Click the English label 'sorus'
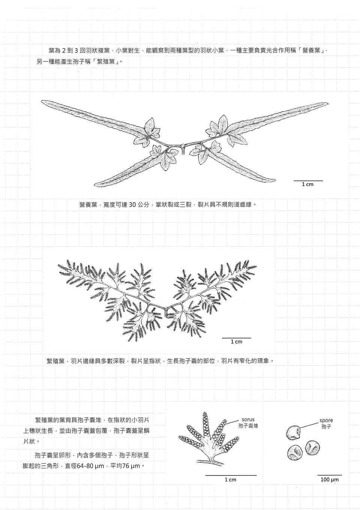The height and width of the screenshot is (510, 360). (248, 420)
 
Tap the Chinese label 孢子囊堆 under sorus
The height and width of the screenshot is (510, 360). (248, 426)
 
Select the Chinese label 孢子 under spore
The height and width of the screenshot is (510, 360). (326, 427)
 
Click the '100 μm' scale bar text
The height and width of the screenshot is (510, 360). (330, 480)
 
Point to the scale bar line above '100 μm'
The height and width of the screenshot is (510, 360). (330, 475)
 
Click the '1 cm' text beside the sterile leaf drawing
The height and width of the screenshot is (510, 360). (307, 184)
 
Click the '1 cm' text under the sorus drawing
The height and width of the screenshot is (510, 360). (231, 480)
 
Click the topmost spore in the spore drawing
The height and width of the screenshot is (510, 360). (294, 432)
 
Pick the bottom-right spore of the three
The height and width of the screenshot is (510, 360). (313, 448)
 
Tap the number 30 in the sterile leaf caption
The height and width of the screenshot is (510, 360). (132, 205)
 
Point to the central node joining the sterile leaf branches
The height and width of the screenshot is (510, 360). (182, 145)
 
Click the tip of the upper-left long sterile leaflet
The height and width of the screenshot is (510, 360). (42, 101)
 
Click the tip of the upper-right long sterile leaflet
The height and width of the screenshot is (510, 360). (328, 104)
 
